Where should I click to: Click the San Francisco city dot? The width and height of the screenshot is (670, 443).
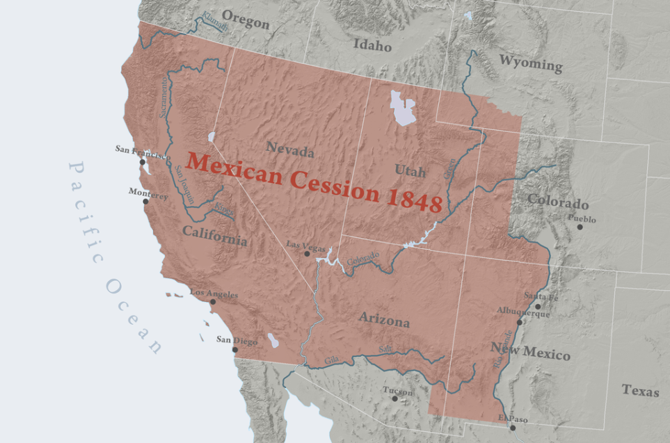coord(142,162)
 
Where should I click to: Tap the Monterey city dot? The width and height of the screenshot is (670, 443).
coord(145,202)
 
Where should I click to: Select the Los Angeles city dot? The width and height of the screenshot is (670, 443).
coord(213,302)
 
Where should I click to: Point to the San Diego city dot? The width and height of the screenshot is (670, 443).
coord(234,348)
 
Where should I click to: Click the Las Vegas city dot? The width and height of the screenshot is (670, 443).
coord(307,254)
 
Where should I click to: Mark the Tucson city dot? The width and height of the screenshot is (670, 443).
coord(394,398)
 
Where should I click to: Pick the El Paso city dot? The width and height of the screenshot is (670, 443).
coord(513,428)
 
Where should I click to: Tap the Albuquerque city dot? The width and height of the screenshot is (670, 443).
coord(520,323)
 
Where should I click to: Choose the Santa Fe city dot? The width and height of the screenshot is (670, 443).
coord(538,306)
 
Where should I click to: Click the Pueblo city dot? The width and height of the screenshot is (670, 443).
coord(580,227)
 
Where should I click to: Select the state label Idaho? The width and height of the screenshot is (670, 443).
coord(372,46)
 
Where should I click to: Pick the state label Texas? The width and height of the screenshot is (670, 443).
coord(640,390)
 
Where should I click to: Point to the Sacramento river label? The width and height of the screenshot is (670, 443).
coord(164,97)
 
